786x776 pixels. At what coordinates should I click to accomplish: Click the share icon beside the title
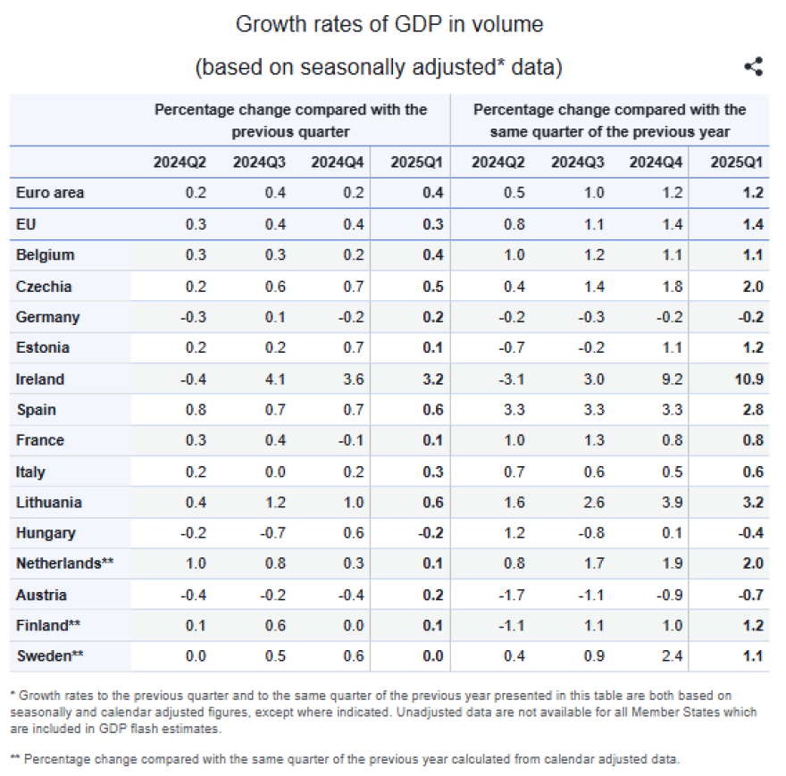click(x=754, y=66)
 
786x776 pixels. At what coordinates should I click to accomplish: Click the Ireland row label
click(x=40, y=379)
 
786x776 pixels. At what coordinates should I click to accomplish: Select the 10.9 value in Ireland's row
click(x=748, y=379)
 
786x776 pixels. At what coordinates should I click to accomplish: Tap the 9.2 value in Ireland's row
click(x=673, y=379)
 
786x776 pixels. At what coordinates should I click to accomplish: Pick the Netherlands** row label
click(x=64, y=563)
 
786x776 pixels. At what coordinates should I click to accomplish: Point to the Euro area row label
click(x=50, y=193)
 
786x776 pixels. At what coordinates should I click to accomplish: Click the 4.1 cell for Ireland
click(x=275, y=379)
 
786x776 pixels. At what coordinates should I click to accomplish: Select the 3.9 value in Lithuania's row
click(x=673, y=502)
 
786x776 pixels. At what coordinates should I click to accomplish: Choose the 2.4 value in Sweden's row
click(x=673, y=655)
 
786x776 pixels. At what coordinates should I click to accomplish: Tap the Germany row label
click(x=47, y=317)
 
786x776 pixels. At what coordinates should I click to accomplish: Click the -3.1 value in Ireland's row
click(x=512, y=379)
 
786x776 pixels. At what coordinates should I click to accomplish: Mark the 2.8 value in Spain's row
click(x=753, y=410)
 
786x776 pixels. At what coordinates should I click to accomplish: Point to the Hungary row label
click(x=46, y=533)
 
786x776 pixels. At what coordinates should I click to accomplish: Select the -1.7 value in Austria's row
click(x=512, y=595)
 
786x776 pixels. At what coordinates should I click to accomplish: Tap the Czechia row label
click(x=44, y=287)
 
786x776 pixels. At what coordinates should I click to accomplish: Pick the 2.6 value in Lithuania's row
click(x=594, y=502)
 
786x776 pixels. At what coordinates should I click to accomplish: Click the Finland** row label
click(x=48, y=626)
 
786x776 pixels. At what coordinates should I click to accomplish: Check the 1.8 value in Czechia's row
click(x=673, y=287)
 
